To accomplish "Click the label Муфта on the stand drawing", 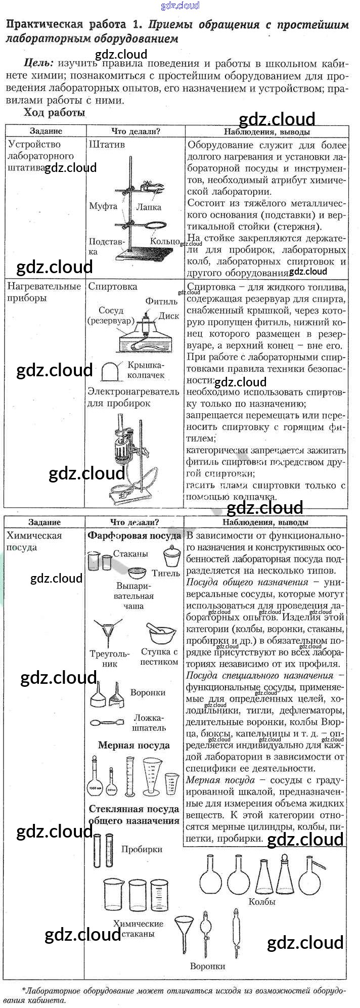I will [103, 206].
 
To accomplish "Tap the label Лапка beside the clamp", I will [149, 207].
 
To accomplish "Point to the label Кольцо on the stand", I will [165, 241].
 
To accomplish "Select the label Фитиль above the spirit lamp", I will [161, 301].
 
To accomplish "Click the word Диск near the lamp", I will [169, 316].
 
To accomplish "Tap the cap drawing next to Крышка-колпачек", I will [110, 371].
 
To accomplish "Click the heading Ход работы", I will [54, 112].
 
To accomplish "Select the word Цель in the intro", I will [38, 64].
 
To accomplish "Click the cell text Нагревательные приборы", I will [44, 292].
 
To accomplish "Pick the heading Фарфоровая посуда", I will [134, 535].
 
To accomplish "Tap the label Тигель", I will [166, 573].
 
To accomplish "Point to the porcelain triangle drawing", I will [108, 631].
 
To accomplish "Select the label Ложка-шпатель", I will [149, 723].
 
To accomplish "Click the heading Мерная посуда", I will [133, 745].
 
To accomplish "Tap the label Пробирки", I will [142, 849].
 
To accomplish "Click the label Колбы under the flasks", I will [262, 902].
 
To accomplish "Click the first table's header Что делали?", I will [136, 131].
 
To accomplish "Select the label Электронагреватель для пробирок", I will [133, 397].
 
